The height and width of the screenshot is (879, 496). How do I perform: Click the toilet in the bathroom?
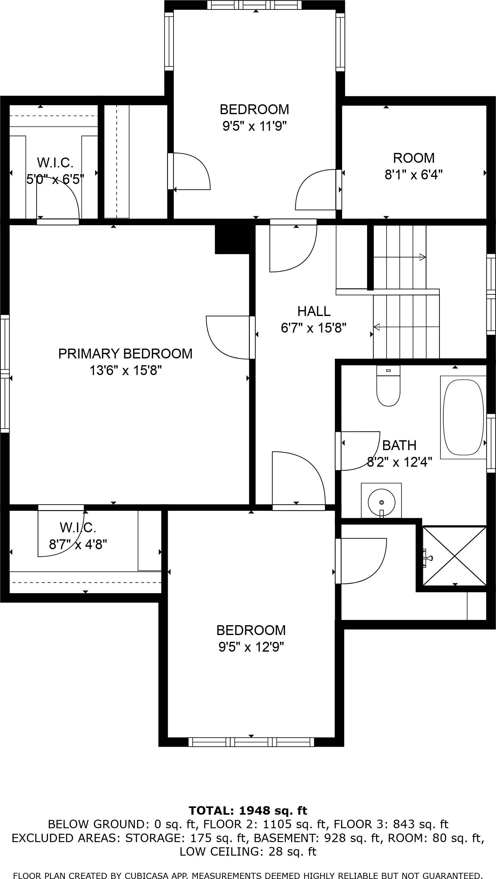click(388, 386)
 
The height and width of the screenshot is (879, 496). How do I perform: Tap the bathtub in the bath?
click(463, 417)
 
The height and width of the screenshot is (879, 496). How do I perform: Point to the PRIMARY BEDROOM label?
click(125, 354)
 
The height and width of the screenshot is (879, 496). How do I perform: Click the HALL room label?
click(314, 311)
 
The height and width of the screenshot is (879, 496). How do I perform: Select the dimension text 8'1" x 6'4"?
click(414, 175)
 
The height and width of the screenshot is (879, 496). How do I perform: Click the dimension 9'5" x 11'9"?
click(254, 126)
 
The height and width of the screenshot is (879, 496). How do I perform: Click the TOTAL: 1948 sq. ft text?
click(248, 810)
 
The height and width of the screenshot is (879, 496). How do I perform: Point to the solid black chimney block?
click(235, 239)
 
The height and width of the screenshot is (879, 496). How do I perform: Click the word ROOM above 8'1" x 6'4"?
click(414, 158)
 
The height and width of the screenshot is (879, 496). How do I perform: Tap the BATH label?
click(399, 445)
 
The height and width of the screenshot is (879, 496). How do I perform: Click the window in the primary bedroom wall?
click(5, 374)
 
